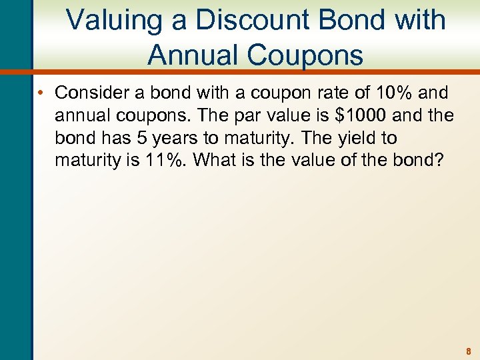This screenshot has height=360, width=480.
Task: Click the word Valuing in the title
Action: [x=113, y=20]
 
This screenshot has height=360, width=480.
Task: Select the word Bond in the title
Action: [x=357, y=20]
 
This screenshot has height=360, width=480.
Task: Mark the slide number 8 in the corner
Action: [x=469, y=351]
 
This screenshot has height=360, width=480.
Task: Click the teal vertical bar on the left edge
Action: [x=15, y=200]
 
